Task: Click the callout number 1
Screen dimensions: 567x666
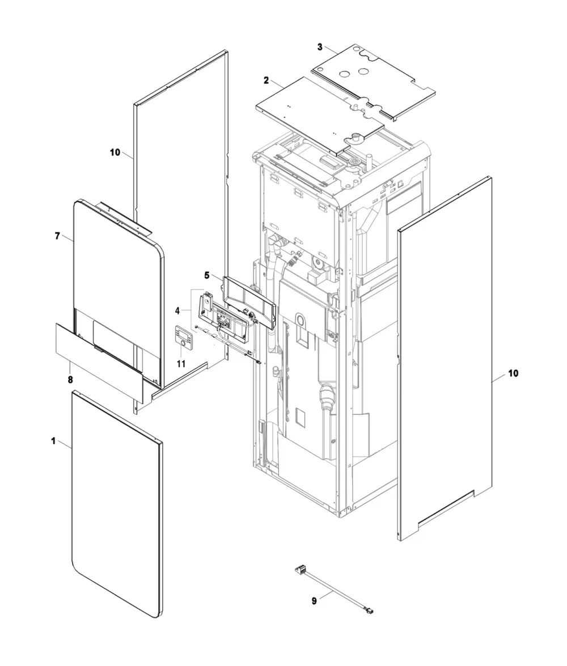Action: pyautogui.click(x=53, y=442)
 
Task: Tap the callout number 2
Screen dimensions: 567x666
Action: pyautogui.click(x=266, y=80)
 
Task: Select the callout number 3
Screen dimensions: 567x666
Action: pyautogui.click(x=320, y=47)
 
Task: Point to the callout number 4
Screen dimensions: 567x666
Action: pyautogui.click(x=177, y=311)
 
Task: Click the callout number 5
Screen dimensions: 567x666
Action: pyautogui.click(x=207, y=275)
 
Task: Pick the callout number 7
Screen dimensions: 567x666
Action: pyautogui.click(x=57, y=236)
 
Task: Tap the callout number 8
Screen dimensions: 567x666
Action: pyautogui.click(x=70, y=379)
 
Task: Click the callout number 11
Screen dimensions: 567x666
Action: pyautogui.click(x=181, y=364)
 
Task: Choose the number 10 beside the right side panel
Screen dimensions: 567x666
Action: pyautogui.click(x=514, y=374)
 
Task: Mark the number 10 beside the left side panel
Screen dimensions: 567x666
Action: pyautogui.click(x=115, y=152)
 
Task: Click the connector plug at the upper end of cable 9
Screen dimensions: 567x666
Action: pyautogui.click(x=300, y=569)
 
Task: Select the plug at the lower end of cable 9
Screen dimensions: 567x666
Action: pyautogui.click(x=369, y=612)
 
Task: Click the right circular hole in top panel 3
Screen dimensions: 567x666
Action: pyautogui.click(x=362, y=71)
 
